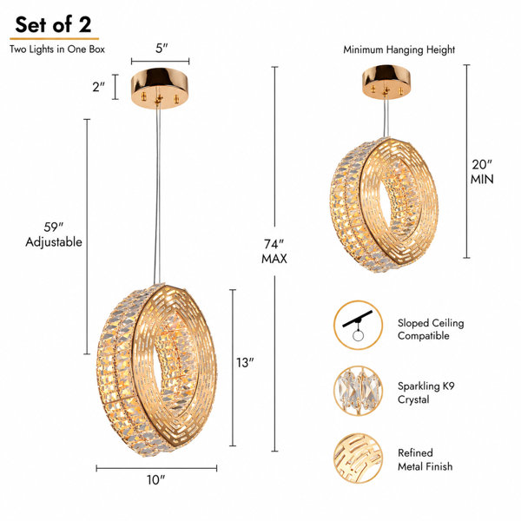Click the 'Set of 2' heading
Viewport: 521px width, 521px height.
pyautogui.click(x=53, y=25)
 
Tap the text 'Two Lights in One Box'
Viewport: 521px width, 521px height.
pyautogui.click(x=57, y=49)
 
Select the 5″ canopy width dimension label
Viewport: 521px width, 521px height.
pyautogui.click(x=162, y=49)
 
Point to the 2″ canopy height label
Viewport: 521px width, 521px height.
pyautogui.click(x=98, y=87)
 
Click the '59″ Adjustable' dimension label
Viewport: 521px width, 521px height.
pyautogui.click(x=54, y=234)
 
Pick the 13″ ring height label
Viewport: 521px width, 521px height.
pyautogui.click(x=245, y=363)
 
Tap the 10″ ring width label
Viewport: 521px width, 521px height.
pyautogui.click(x=156, y=480)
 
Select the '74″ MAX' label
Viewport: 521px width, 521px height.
pyautogui.click(x=274, y=251)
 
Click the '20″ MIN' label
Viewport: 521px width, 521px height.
pyautogui.click(x=482, y=172)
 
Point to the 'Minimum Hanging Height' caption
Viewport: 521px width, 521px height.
pyautogui.click(x=399, y=49)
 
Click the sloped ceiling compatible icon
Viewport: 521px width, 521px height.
pyautogui.click(x=358, y=326)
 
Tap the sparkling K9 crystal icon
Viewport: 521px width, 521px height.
pyautogui.click(x=358, y=391)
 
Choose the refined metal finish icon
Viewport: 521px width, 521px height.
pyautogui.click(x=358, y=458)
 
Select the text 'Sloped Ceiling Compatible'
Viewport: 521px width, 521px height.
pyautogui.click(x=431, y=329)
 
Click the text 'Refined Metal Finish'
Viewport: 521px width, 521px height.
pyautogui.click(x=425, y=459)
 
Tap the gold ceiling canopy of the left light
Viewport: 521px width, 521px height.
pyautogui.click(x=160, y=88)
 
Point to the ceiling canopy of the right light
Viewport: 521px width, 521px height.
pyautogui.click(x=386, y=82)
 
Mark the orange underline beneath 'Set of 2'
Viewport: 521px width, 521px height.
pyautogui.click(x=54, y=39)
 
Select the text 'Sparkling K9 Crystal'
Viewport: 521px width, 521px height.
pyautogui.click(x=426, y=392)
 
